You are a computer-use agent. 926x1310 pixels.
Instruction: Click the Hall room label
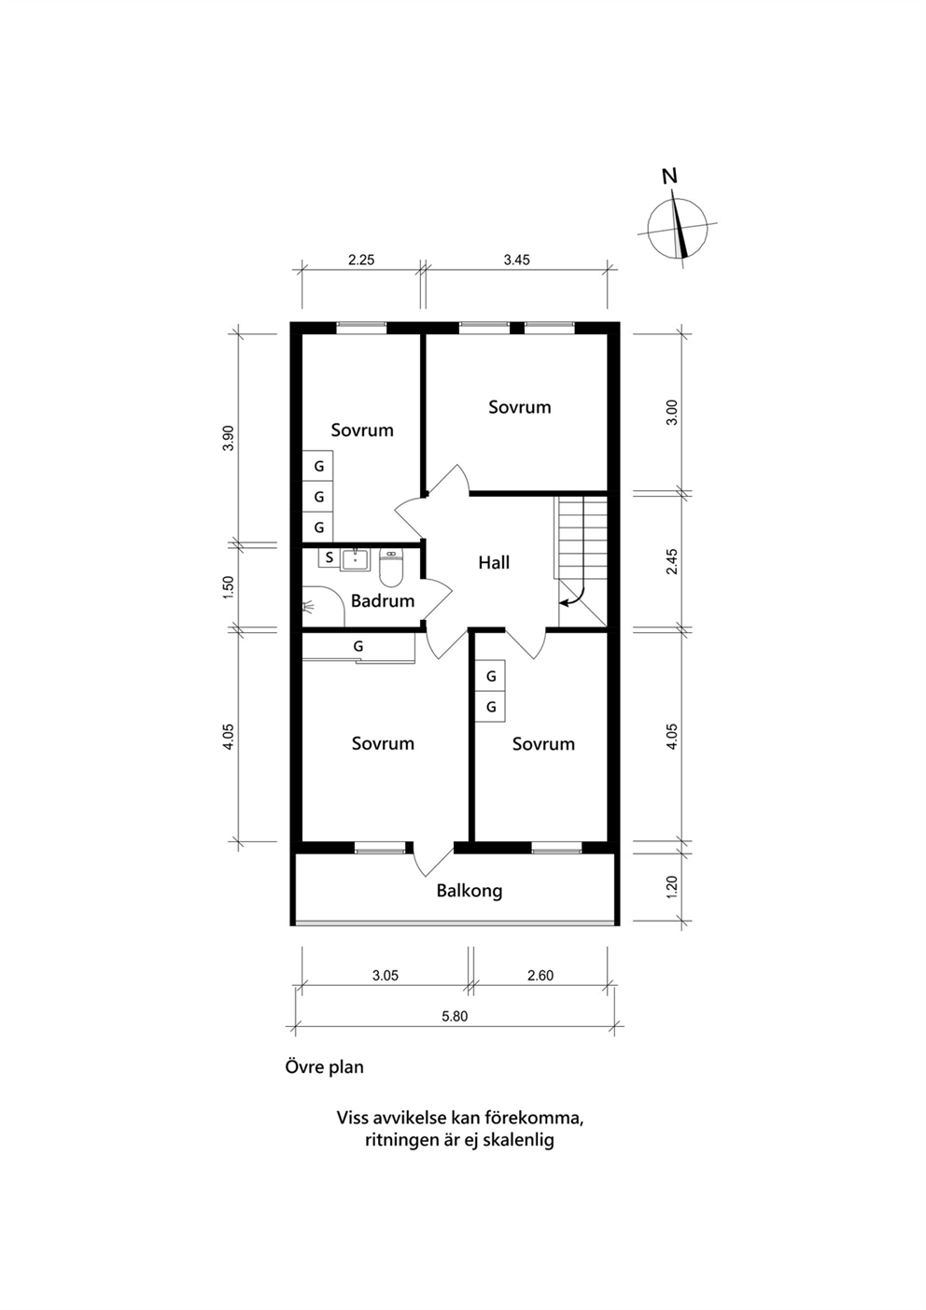pyautogui.click(x=494, y=563)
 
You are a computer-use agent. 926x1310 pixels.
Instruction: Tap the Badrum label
pyautogui.click(x=383, y=600)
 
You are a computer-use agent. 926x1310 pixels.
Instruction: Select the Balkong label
pyautogui.click(x=470, y=891)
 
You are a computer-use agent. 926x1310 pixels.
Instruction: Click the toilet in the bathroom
pyautogui.click(x=391, y=568)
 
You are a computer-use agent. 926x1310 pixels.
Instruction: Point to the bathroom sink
pyautogui.click(x=355, y=559)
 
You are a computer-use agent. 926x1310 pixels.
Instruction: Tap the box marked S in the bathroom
pyautogui.click(x=330, y=557)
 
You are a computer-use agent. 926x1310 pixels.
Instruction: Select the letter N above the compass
pyautogui.click(x=669, y=176)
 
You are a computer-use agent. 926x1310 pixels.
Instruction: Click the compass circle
pyautogui.click(x=649, y=229)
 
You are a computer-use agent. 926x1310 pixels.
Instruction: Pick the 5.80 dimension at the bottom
pyautogui.click(x=455, y=1017)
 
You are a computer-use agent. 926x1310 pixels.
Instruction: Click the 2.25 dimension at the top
pyautogui.click(x=361, y=260)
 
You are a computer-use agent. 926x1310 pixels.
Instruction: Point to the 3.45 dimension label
pyautogui.click(x=517, y=260)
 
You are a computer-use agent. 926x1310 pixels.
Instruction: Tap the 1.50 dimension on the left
pyautogui.click(x=229, y=587)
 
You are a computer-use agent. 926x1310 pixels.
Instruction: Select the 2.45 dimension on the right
pyautogui.click(x=672, y=561)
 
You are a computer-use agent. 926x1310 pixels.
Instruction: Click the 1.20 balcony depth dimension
pyautogui.click(x=672, y=887)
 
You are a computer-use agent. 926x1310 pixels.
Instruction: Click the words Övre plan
pyautogui.click(x=325, y=1067)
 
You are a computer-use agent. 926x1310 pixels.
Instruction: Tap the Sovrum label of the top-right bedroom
pyautogui.click(x=520, y=407)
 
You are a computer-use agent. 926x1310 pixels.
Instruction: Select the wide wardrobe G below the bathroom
pyautogui.click(x=358, y=647)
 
